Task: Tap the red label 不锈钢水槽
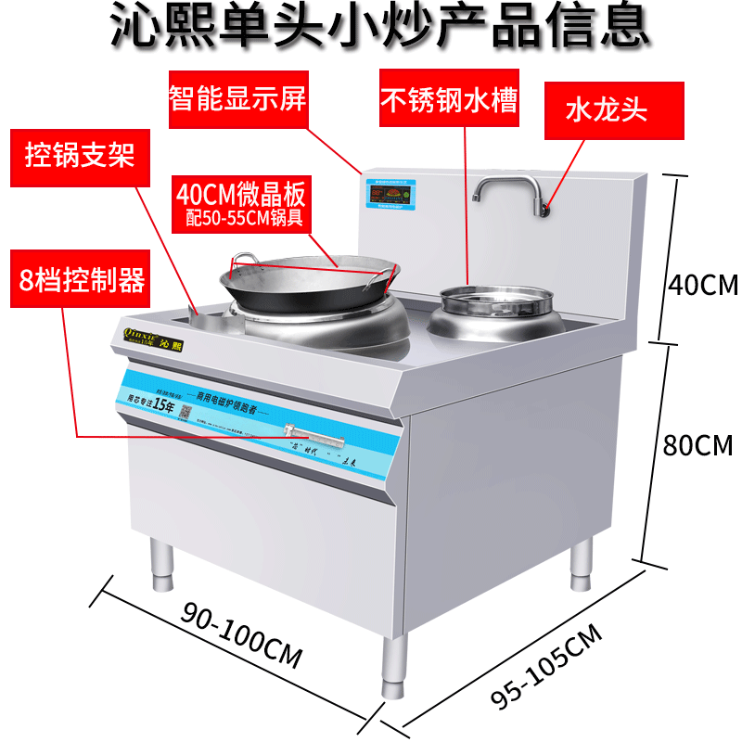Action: click(448, 99)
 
